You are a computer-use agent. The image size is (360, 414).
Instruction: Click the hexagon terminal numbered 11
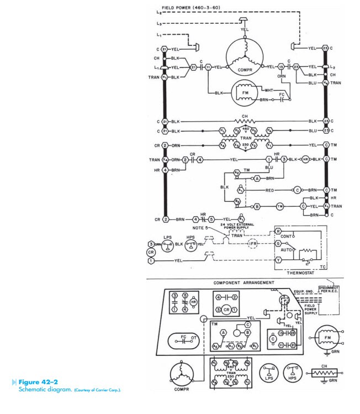(x=208, y=67)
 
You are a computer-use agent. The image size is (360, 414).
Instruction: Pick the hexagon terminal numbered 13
(x=281, y=67)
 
